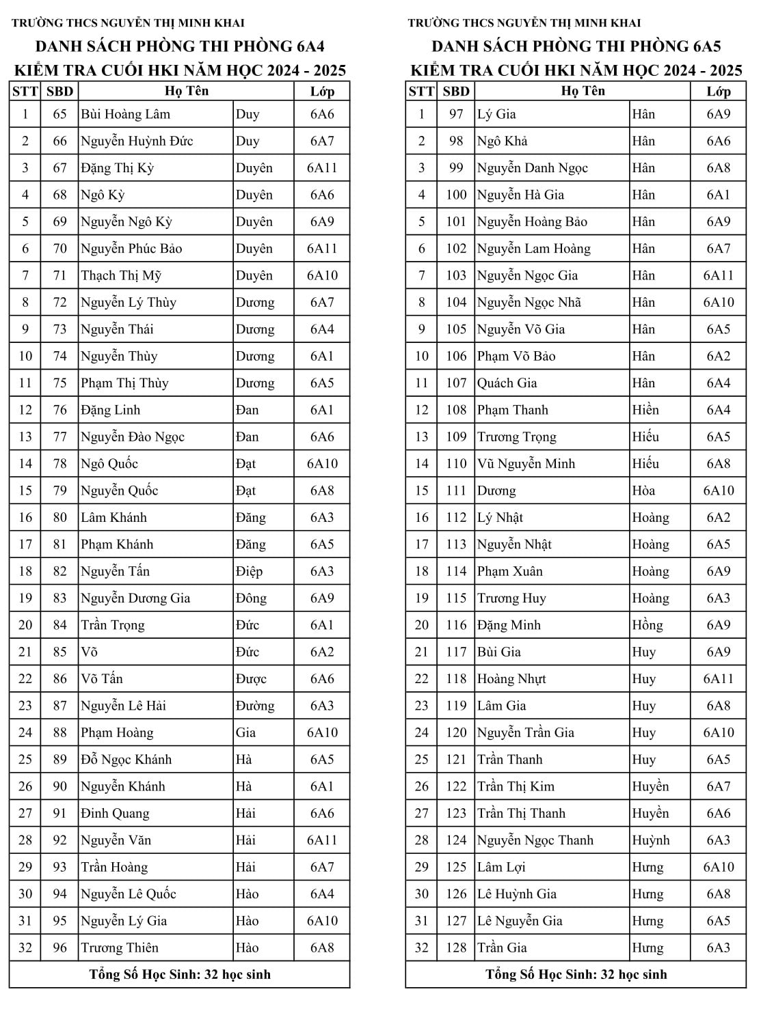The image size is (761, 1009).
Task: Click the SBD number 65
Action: coord(59,114)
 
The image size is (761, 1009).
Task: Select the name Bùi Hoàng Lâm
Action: coord(125,114)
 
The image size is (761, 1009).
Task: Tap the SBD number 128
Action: coord(456,948)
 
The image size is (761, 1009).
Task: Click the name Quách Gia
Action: coord(507,383)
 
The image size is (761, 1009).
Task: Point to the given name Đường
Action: coord(254,706)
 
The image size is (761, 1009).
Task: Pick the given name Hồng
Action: coord(647,625)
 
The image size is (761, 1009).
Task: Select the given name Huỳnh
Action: coord(650,840)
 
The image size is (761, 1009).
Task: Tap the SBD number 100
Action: coord(456,195)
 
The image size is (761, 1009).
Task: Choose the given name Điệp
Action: coord(249,571)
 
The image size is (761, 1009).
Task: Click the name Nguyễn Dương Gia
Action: coord(135,598)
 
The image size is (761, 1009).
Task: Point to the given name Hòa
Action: coord(643,490)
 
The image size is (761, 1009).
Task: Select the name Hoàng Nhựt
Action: coord(511,679)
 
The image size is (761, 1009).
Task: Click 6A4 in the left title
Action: coord(300,46)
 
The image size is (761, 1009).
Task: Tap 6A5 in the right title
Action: coord(697,46)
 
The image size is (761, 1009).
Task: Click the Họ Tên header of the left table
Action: coord(186,91)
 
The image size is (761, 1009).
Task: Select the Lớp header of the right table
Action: coord(718,91)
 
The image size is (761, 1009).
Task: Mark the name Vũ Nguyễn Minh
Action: coord(526,464)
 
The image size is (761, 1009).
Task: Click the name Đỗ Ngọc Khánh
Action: coord(126,760)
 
